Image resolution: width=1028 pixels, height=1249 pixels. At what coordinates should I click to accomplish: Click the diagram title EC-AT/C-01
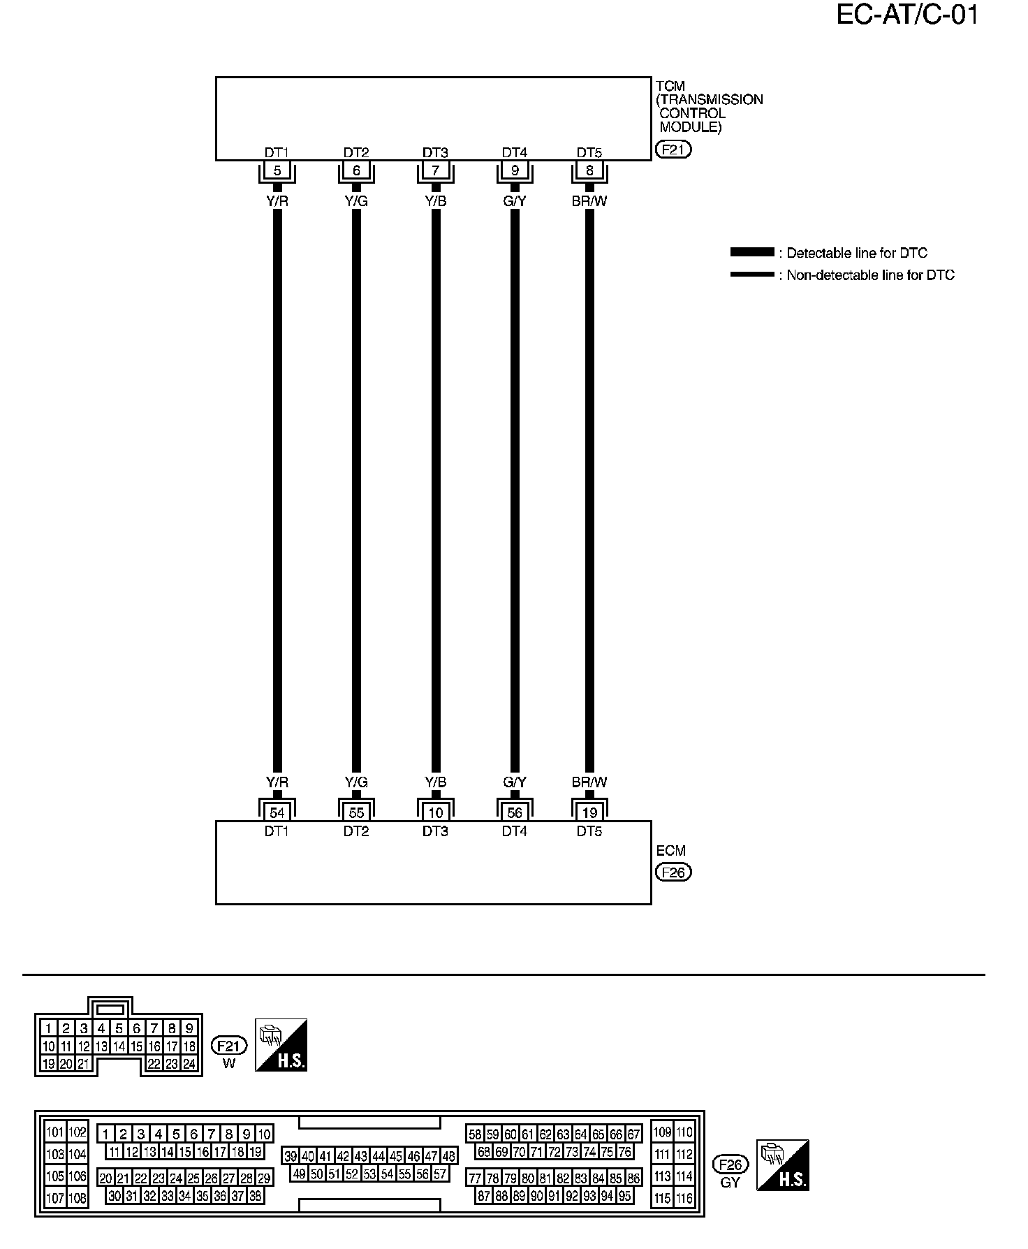(x=906, y=15)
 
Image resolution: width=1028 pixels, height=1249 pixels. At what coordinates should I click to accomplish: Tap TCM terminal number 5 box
(x=277, y=170)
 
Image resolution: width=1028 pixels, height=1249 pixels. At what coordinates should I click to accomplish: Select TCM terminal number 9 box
(x=515, y=170)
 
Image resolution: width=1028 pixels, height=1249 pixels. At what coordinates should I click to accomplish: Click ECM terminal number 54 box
(x=277, y=813)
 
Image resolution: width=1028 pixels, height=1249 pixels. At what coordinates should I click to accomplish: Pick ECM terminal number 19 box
(x=589, y=813)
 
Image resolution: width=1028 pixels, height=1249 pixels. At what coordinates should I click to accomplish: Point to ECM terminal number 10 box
(x=436, y=813)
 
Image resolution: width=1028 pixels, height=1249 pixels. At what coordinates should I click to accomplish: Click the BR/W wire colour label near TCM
(x=589, y=201)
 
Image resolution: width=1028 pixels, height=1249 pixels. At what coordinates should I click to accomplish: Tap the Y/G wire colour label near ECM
(x=356, y=782)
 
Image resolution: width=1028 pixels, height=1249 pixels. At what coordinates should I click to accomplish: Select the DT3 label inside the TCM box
(x=435, y=152)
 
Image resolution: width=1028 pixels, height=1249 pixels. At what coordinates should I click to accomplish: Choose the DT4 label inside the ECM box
(x=515, y=831)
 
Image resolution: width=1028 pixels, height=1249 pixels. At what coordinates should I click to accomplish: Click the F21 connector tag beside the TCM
(x=673, y=149)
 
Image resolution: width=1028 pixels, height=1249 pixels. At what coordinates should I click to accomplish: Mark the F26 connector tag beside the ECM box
(x=673, y=872)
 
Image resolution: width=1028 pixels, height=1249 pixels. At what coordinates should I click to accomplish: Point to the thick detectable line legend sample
(x=752, y=252)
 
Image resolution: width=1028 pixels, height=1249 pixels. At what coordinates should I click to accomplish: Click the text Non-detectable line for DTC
(x=870, y=275)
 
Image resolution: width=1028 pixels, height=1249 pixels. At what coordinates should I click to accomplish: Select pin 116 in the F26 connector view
(x=684, y=1198)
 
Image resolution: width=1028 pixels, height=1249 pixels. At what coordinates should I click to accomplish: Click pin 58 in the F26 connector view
(x=475, y=1134)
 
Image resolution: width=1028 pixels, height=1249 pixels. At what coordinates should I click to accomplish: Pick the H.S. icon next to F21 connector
(x=281, y=1045)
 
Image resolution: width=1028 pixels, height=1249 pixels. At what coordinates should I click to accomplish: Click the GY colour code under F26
(x=730, y=1183)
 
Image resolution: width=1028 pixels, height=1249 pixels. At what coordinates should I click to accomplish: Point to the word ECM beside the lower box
(x=671, y=851)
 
